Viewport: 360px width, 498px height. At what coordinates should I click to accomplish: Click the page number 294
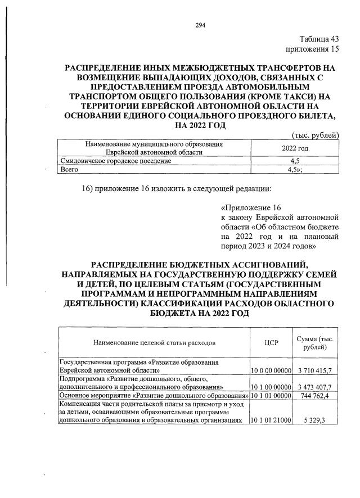click(x=200, y=25)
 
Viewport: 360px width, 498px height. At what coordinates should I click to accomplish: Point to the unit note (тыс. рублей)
click(x=316, y=134)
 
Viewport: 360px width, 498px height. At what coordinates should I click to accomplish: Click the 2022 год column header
click(x=295, y=148)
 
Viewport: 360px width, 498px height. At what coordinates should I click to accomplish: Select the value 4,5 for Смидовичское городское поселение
click(x=295, y=161)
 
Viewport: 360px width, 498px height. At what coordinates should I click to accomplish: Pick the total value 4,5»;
click(x=295, y=169)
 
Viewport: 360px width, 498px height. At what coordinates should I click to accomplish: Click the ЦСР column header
click(x=271, y=342)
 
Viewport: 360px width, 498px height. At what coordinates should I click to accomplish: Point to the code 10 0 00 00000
click(x=271, y=371)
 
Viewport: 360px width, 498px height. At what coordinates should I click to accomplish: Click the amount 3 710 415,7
click(x=318, y=371)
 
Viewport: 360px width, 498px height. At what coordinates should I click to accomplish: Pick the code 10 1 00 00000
click(x=271, y=387)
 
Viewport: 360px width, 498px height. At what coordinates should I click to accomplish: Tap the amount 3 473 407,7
click(x=318, y=387)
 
